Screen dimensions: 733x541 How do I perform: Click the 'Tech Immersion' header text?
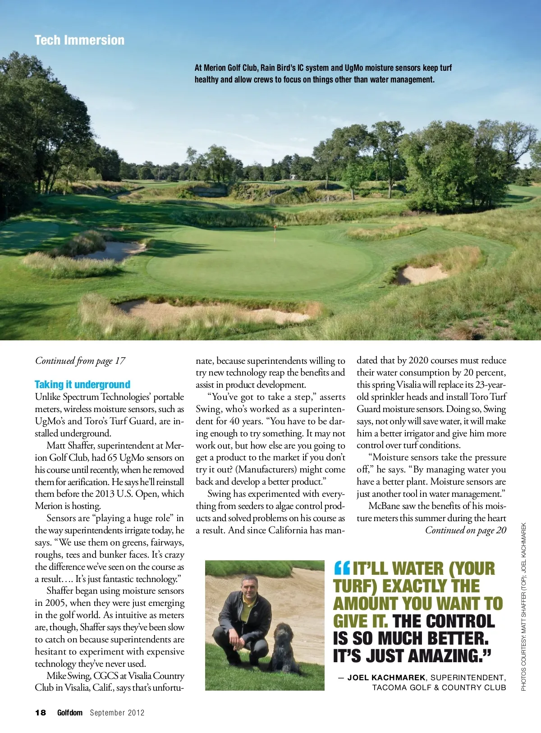tap(79, 40)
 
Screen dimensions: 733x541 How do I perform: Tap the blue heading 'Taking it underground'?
tap(83, 385)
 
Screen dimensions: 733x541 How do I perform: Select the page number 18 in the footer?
tap(41, 713)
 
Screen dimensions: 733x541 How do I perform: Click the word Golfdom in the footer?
tap(70, 713)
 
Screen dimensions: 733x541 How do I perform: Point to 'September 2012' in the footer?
tap(117, 713)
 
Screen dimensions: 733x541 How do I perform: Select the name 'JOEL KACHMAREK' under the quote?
tap(386, 678)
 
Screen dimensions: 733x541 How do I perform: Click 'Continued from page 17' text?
tap(80, 361)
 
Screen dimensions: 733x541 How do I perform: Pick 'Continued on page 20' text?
tap(466, 530)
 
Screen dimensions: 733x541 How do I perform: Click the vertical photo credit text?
tap(523, 606)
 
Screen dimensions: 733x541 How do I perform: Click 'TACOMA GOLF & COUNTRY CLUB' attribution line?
tap(439, 687)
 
